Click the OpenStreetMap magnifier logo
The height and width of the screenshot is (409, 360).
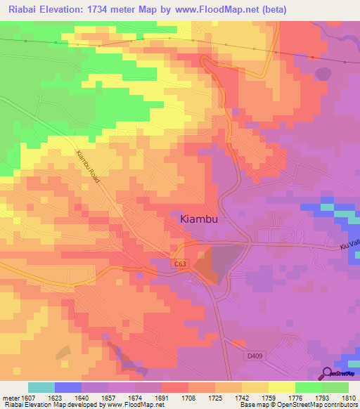(x=327, y=375)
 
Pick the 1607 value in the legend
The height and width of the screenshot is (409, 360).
(x=28, y=397)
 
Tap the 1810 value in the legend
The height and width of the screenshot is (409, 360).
(x=349, y=397)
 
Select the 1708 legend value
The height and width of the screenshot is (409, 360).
(x=174, y=397)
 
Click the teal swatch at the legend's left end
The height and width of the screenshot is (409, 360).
(x=41, y=387)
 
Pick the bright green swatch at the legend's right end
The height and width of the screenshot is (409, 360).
(x=335, y=387)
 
